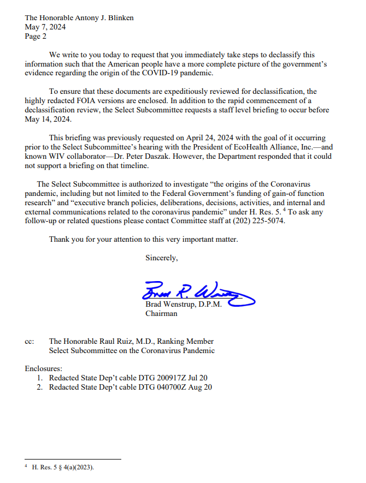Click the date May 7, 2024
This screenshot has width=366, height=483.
point(45,27)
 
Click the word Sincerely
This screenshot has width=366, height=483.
point(161,258)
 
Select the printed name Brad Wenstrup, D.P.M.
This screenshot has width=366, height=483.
point(184,305)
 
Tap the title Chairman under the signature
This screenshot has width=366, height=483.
point(161,314)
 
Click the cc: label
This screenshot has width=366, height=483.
point(30,342)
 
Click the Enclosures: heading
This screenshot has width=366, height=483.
point(44,369)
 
